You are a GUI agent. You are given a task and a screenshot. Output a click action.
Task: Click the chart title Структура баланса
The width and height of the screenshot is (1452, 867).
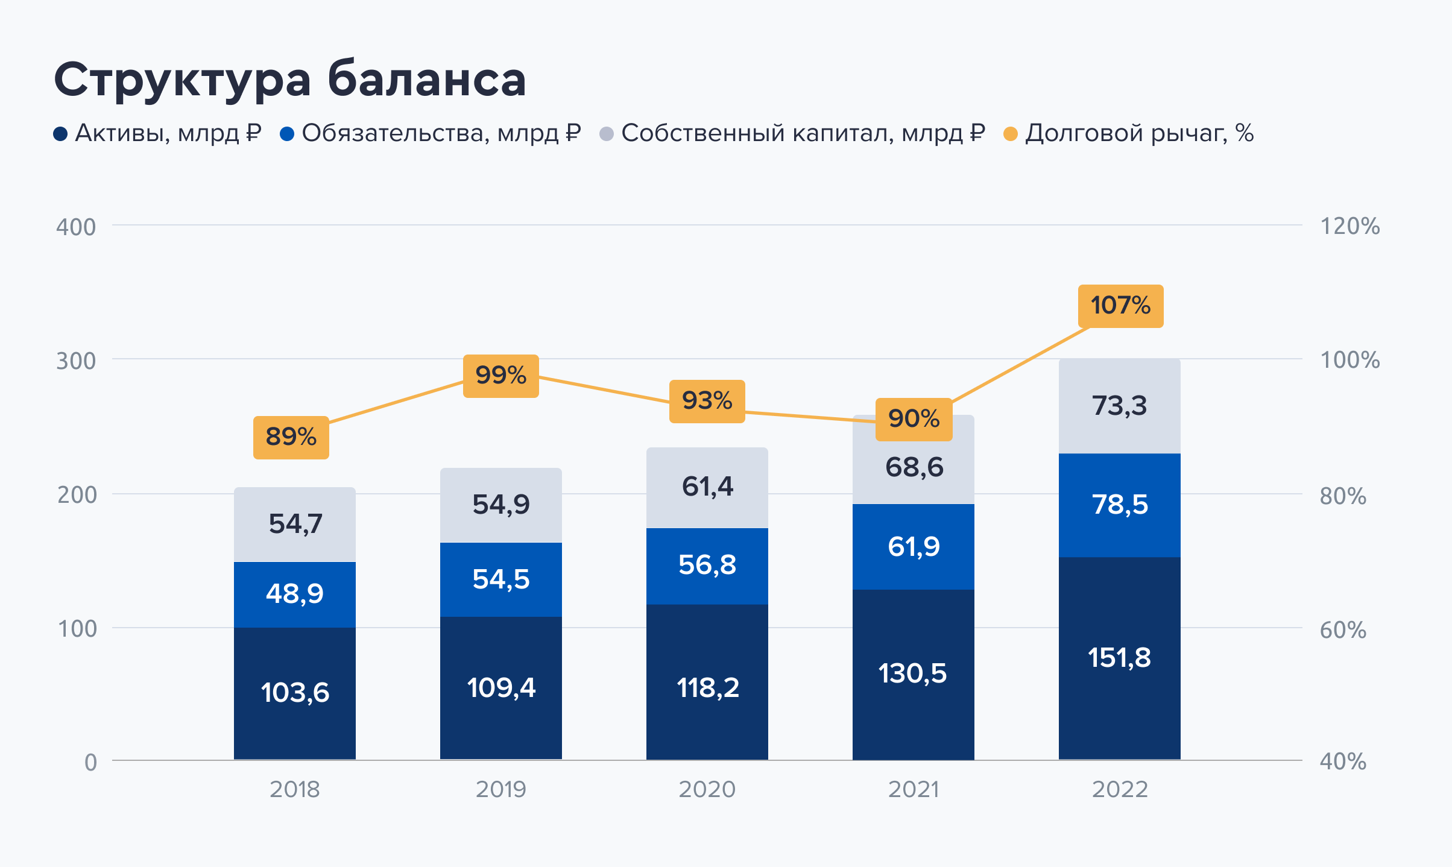click(x=290, y=80)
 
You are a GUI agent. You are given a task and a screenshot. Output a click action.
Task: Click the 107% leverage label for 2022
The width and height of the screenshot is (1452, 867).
click(x=1120, y=306)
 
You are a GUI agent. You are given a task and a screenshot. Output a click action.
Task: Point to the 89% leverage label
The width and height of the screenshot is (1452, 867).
click(x=291, y=437)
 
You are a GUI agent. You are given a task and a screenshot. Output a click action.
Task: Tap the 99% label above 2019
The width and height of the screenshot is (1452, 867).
click(x=500, y=376)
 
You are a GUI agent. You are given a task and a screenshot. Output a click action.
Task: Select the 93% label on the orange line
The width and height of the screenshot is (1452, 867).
click(x=707, y=401)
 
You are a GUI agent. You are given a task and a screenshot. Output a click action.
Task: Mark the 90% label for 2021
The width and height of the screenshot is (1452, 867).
click(x=914, y=419)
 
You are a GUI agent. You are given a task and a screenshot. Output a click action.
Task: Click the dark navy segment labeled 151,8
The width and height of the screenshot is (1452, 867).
click(x=1119, y=657)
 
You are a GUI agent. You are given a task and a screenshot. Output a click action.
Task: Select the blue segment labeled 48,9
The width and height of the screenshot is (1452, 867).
click(x=294, y=594)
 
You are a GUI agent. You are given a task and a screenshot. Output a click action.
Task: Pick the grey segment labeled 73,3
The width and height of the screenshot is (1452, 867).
click(x=1119, y=406)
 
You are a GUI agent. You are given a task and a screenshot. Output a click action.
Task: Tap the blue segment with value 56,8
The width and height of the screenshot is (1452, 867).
click(x=707, y=566)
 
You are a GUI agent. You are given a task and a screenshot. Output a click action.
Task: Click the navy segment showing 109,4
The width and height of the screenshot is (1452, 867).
click(x=500, y=687)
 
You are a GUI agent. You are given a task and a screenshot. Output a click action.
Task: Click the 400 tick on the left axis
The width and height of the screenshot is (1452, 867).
click(x=76, y=227)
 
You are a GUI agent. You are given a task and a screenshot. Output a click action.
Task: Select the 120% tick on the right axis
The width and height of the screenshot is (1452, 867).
click(x=1349, y=227)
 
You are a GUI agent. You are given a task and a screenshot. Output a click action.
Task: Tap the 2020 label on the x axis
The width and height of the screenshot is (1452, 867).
click(x=707, y=789)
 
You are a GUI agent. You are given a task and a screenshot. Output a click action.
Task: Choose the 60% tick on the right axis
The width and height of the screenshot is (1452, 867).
click(x=1342, y=631)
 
